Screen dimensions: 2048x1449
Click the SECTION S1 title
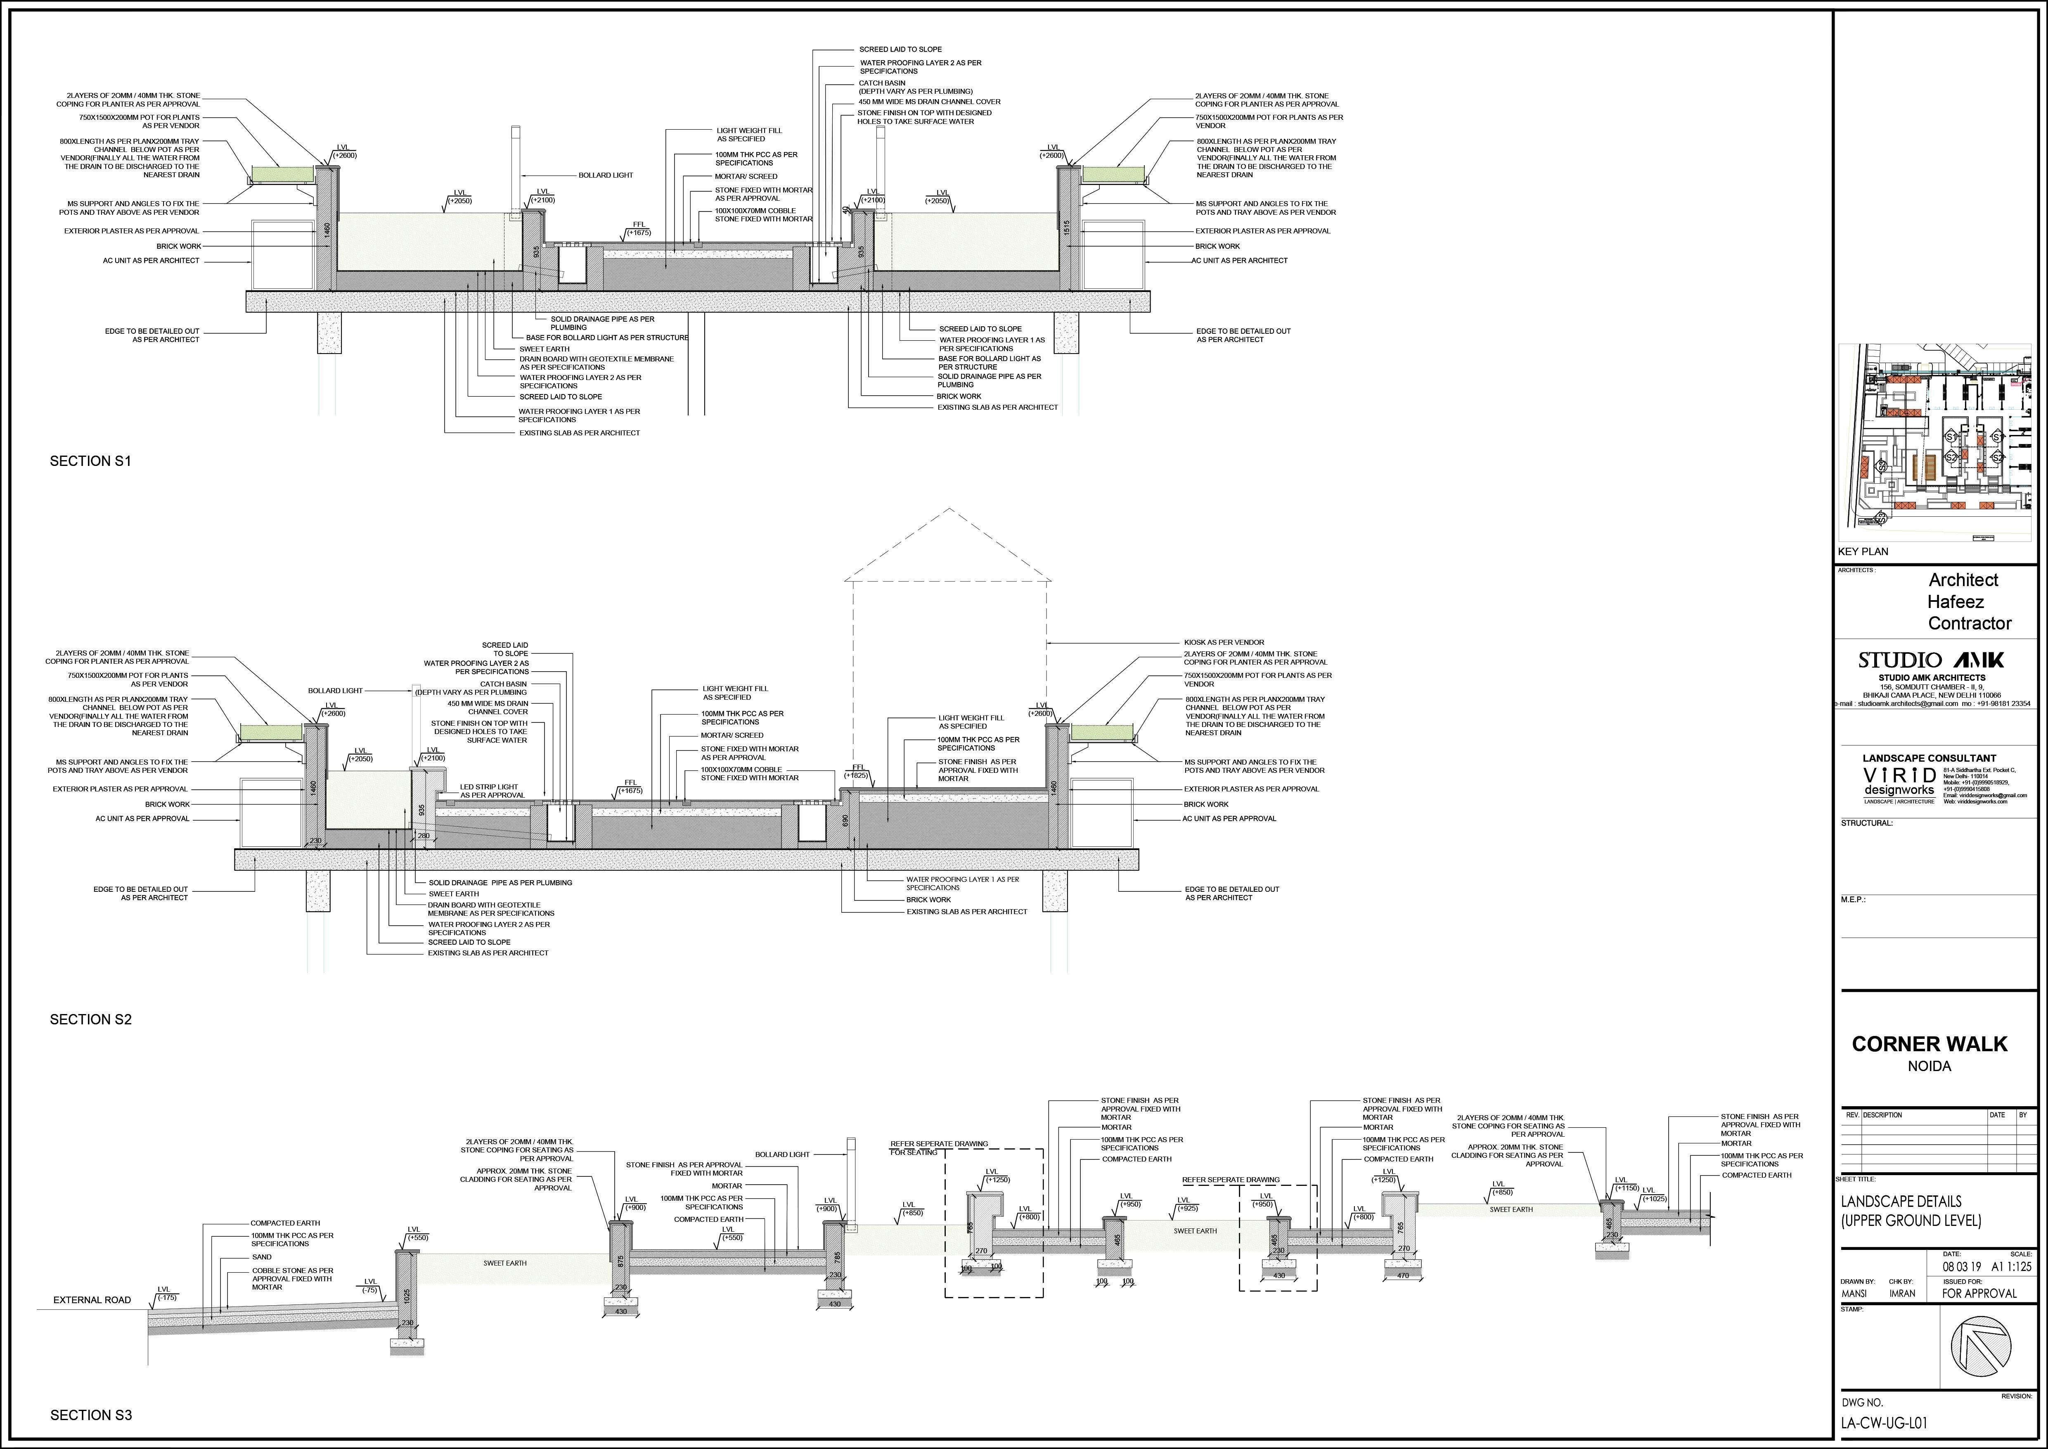90,461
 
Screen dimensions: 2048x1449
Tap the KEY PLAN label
1863,551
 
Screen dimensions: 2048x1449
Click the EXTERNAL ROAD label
92,1300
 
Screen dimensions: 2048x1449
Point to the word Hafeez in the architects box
1951,601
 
